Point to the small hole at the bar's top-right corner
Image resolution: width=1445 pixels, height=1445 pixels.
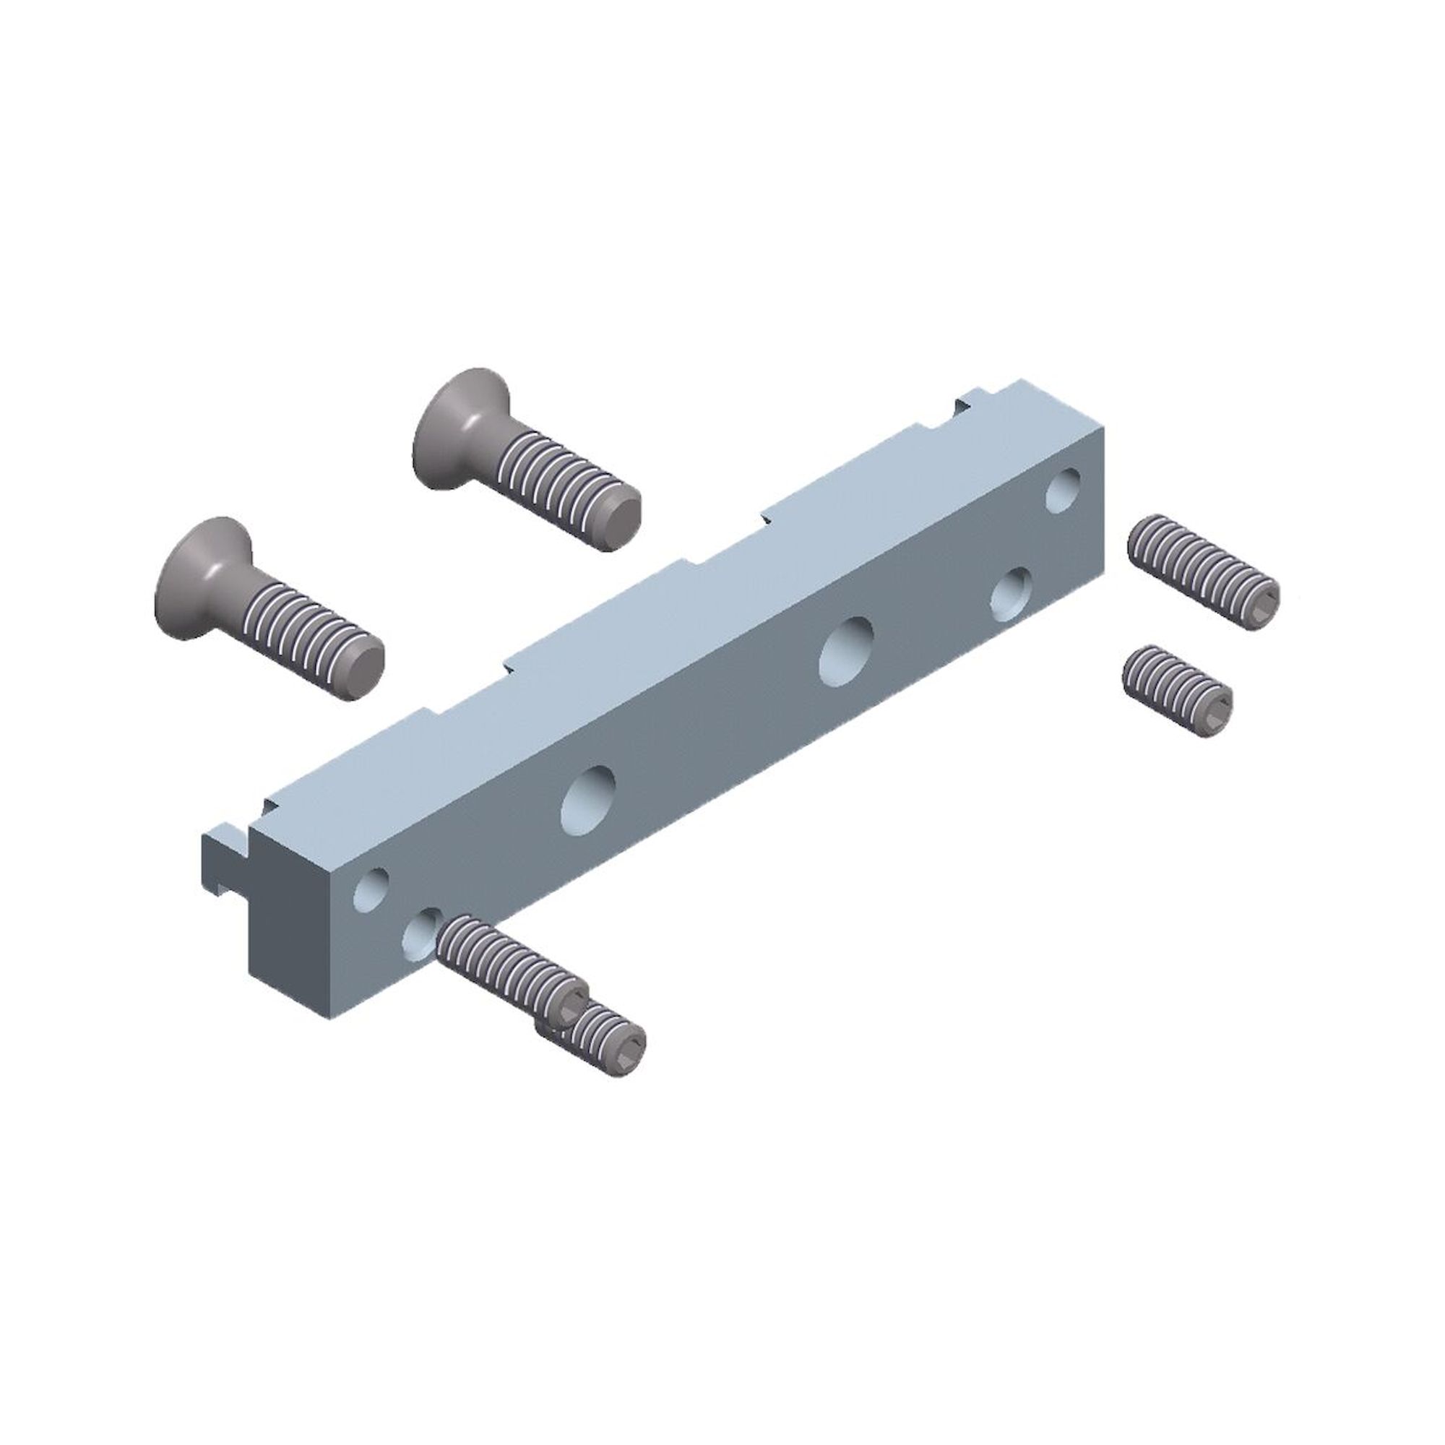(x=1063, y=490)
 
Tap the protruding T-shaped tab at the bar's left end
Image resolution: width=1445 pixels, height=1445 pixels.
(x=225, y=860)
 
